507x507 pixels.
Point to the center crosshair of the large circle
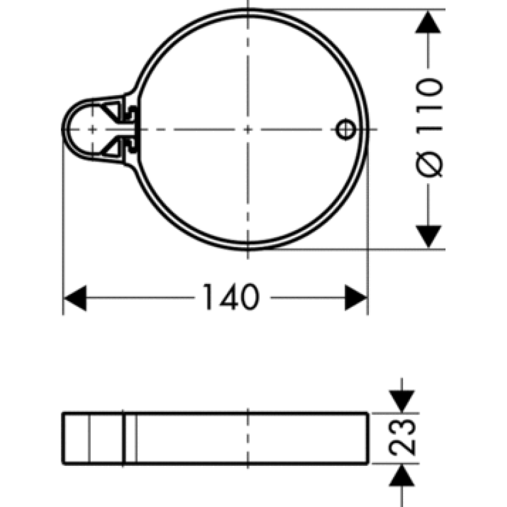pyautogui.click(x=247, y=129)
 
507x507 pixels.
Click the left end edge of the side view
pyautogui.click(x=63, y=437)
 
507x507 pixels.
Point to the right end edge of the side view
pyautogui.click(x=368, y=437)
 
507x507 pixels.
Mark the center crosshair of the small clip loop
pyautogui.click(x=93, y=129)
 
